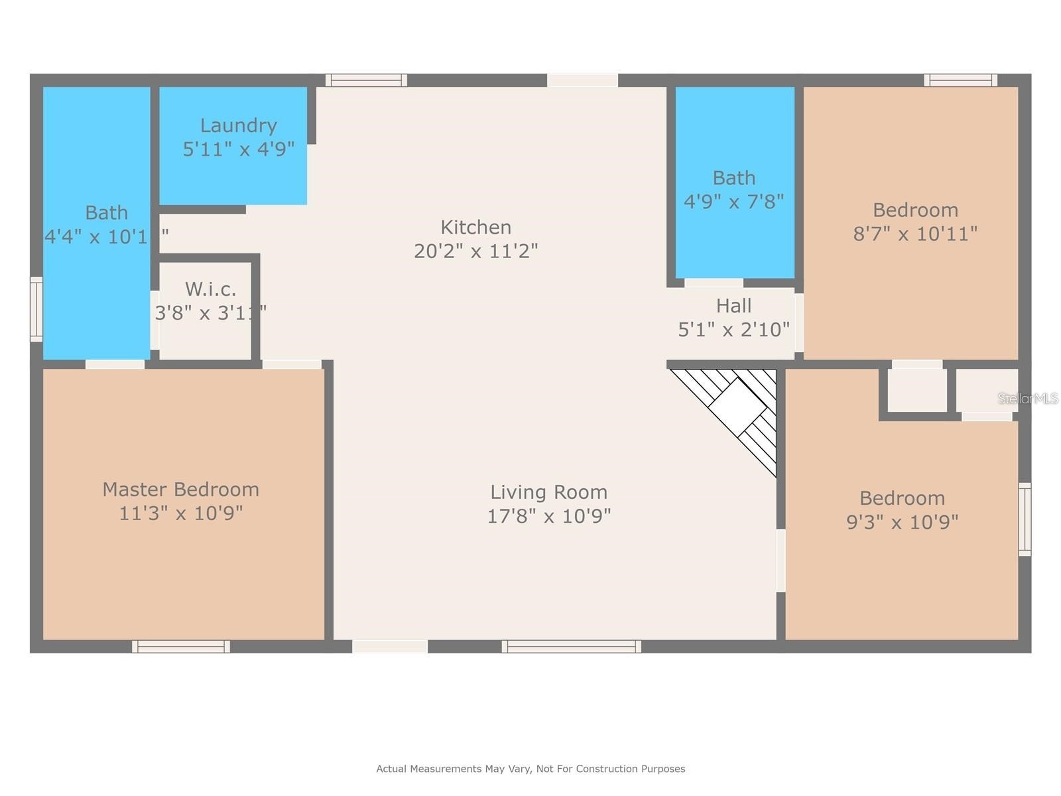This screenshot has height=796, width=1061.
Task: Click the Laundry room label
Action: pos(238,125)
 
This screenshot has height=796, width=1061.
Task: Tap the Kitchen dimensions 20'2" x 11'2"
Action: pos(475,251)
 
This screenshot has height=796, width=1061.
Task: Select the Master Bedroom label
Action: pos(180,490)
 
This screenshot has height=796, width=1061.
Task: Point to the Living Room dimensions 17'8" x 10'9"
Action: pos(548,516)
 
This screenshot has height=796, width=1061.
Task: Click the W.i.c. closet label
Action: pos(210,289)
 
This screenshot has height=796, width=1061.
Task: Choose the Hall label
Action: pos(733,306)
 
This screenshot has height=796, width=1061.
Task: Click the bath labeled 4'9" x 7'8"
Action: pos(733,189)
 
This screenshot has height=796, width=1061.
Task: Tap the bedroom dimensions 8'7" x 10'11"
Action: pos(915,233)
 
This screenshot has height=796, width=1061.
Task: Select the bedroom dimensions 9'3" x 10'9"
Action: pos(902,522)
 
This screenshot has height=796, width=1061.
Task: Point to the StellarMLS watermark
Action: pos(1027,398)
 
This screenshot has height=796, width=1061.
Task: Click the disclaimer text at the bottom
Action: pos(530,769)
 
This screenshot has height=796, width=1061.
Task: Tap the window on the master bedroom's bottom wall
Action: pos(181,646)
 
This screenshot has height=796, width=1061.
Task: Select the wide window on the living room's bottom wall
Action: pos(571,646)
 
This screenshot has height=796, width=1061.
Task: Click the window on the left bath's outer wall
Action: pos(36,310)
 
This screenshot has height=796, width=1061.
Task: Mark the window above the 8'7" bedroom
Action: pos(960,80)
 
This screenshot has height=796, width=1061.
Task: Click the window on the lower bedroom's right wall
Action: pos(1025,519)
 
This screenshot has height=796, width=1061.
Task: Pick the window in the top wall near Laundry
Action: pos(366,80)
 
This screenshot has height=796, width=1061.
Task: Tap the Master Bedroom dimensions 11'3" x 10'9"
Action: pos(180,513)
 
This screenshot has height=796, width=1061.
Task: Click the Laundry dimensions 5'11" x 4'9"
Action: pos(238,149)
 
